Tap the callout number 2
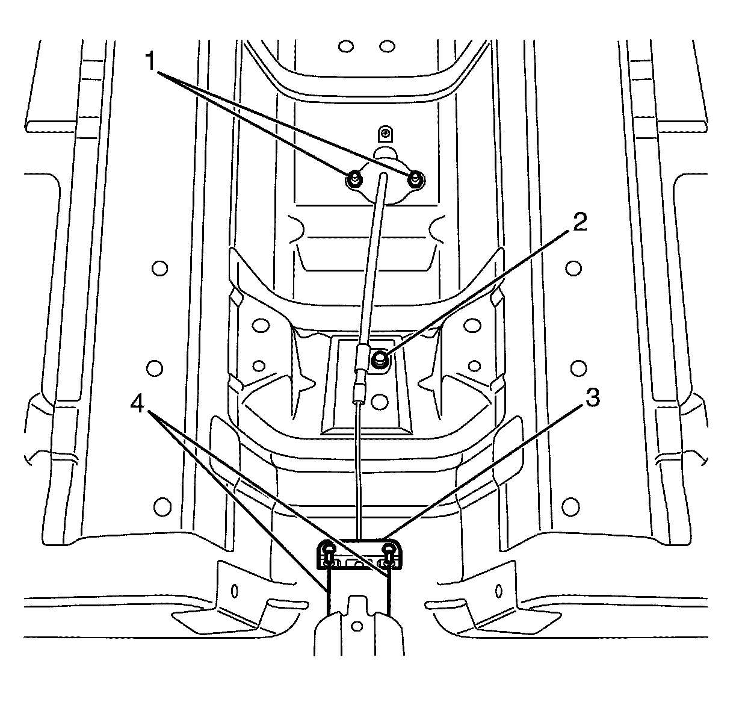tap(579, 223)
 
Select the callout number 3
tap(592, 398)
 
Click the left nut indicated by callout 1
tap(353, 178)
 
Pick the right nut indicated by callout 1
tap(415, 178)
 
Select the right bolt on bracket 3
tap(391, 548)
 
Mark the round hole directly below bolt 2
tap(379, 399)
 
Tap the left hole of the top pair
tap(345, 46)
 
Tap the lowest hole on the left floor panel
tap(160, 505)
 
